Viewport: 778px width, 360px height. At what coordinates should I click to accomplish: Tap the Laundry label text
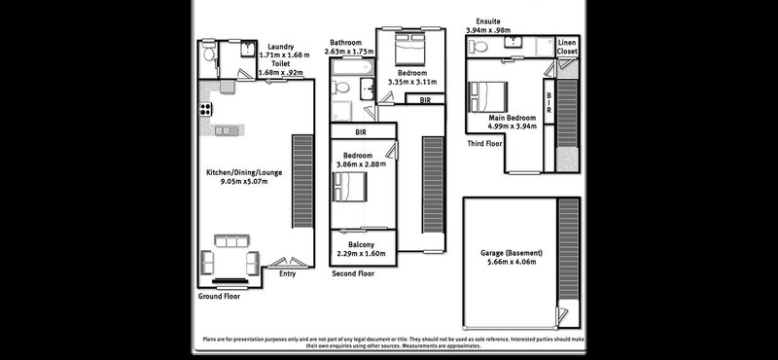282,46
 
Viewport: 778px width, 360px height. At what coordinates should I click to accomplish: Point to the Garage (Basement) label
512,253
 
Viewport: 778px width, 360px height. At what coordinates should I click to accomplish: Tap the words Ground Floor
219,295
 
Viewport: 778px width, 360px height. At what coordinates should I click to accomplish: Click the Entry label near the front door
287,273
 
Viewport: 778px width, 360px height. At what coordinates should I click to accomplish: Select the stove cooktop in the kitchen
205,108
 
